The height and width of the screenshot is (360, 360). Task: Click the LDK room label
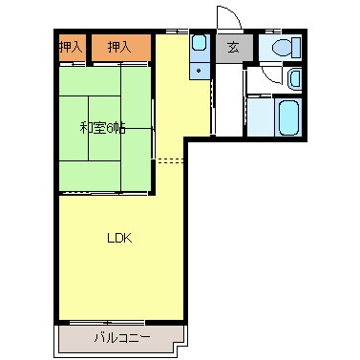[117, 238]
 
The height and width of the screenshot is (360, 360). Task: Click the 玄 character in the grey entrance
[232, 48]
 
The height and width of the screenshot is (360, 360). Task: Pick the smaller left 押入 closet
[71, 46]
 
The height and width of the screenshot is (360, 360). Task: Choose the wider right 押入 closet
[119, 46]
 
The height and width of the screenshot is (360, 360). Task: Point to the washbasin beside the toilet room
[294, 79]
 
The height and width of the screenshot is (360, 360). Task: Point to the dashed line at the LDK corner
[169, 159]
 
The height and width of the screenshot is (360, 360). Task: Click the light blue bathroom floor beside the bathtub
[260, 116]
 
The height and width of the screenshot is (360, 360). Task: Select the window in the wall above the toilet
[283, 32]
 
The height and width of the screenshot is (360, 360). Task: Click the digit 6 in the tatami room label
[111, 127]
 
